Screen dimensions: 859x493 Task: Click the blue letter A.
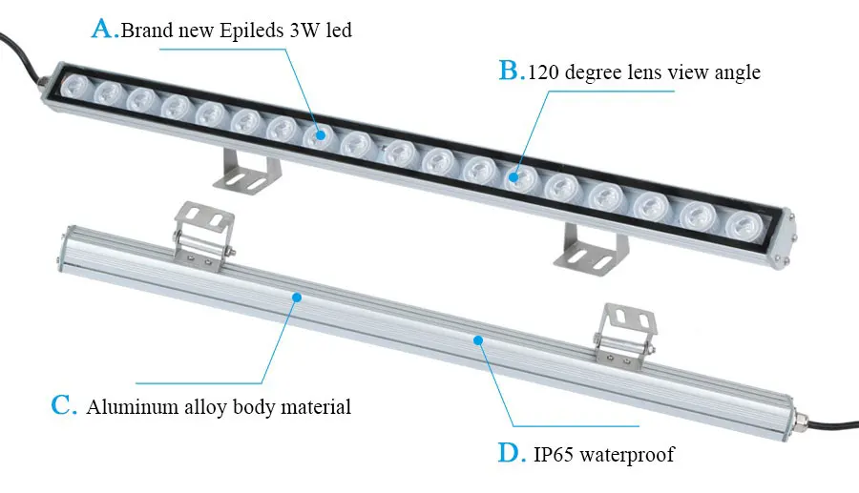point(103,29)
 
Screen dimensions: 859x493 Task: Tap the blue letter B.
point(511,71)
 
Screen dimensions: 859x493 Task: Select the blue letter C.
point(62,405)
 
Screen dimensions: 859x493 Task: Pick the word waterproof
point(630,455)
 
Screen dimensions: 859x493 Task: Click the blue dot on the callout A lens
point(322,135)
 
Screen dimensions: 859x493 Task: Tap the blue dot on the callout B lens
point(513,175)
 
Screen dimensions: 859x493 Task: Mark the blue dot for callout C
point(297,298)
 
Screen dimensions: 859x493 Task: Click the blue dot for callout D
point(478,338)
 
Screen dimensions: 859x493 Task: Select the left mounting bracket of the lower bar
point(202,231)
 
